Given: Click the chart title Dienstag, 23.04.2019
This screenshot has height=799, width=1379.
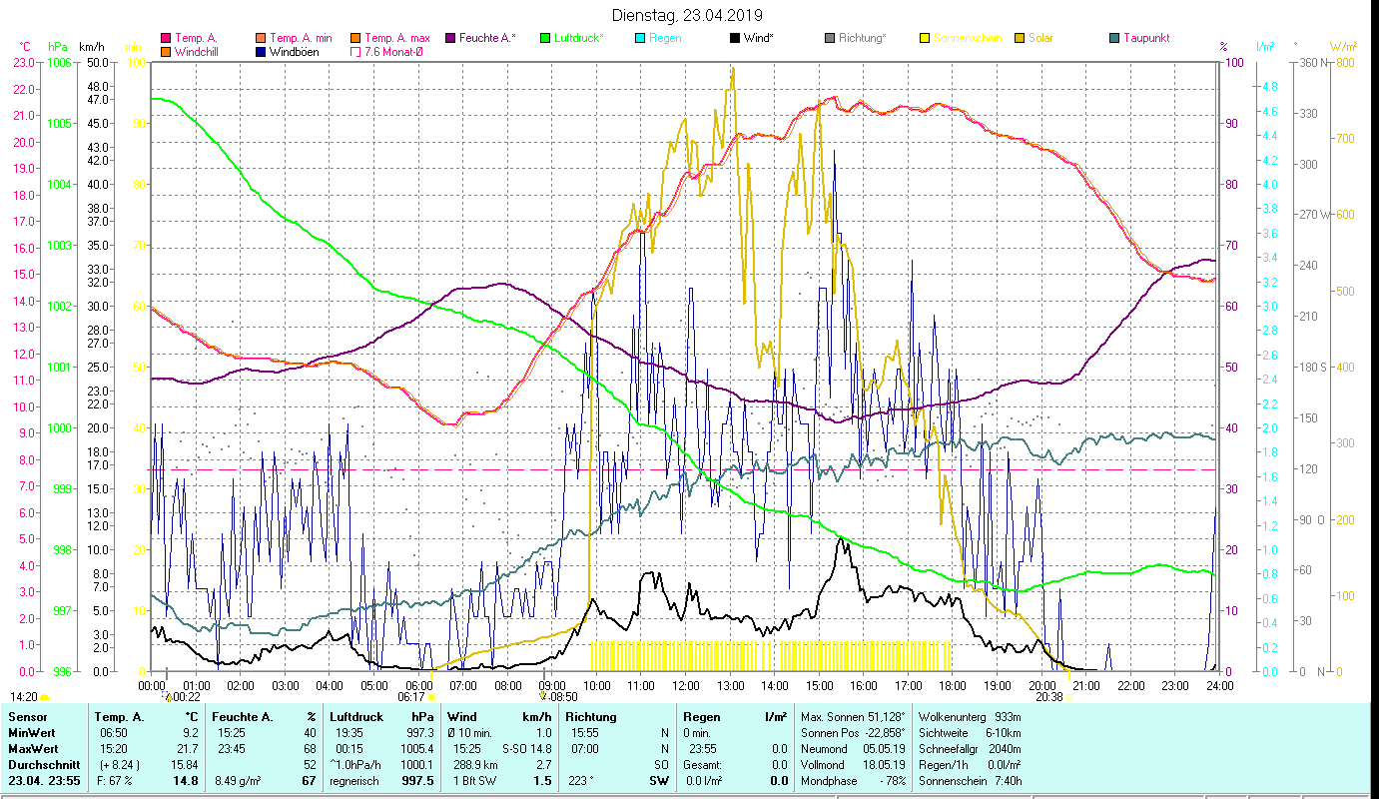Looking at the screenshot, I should pyautogui.click(x=687, y=15).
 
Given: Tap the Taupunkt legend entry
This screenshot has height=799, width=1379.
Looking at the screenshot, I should pyautogui.click(x=1146, y=38).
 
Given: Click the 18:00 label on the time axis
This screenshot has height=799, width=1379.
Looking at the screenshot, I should pyautogui.click(x=953, y=686).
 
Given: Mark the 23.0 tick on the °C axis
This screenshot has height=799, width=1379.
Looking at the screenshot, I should pyautogui.click(x=24, y=62).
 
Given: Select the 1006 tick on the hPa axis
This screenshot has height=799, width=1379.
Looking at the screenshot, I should pyautogui.click(x=60, y=62).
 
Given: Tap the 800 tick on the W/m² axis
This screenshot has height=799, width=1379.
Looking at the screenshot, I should pyautogui.click(x=1344, y=62).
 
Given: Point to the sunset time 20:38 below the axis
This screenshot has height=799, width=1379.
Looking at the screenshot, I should pyautogui.click(x=1048, y=697).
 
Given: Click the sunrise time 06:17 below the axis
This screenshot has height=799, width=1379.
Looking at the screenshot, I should pyautogui.click(x=411, y=697).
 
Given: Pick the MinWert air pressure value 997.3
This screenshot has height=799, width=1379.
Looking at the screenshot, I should pyautogui.click(x=423, y=733).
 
